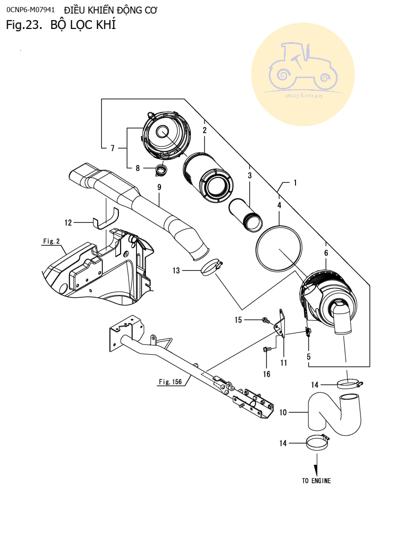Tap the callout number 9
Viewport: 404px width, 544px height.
pyautogui.click(x=159, y=187)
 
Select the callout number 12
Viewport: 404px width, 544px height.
pyautogui.click(x=68, y=223)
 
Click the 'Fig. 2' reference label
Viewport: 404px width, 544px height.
pyautogui.click(x=51, y=241)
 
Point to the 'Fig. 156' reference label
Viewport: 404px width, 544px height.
pyautogui.click(x=170, y=382)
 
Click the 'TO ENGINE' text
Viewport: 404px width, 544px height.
pyautogui.click(x=316, y=480)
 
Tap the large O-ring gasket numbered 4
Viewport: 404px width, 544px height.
pyautogui.click(x=279, y=248)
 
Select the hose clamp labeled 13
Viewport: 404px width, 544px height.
pyautogui.click(x=210, y=268)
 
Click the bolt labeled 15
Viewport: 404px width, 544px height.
pyautogui.click(x=266, y=320)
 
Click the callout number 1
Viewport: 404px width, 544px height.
pyautogui.click(x=295, y=183)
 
